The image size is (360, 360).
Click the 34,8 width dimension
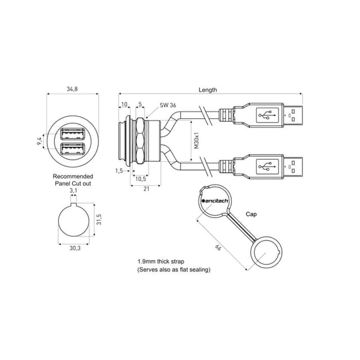coord(72,89)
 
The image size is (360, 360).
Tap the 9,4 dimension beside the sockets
coord(39,141)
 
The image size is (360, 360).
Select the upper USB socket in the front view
coord(72,134)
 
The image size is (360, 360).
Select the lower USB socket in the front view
coord(72,148)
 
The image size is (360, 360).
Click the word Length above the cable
coord(208,90)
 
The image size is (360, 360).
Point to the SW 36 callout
coord(168,105)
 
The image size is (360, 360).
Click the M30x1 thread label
coord(196,140)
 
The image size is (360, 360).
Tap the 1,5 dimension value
coord(119,171)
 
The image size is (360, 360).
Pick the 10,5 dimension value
coord(141,179)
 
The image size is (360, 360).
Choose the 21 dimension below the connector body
coord(146,189)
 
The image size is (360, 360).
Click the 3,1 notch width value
coord(74,190)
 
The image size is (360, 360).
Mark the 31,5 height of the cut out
coord(99,219)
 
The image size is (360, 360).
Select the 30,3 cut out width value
coord(75,248)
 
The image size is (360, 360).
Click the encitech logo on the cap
coord(215,201)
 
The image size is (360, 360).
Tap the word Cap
coord(251,214)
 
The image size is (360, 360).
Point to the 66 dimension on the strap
coord(218,247)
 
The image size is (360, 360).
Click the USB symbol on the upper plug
coord(267,115)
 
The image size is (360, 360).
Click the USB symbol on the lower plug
coord(267,166)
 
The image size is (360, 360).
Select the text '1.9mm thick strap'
coord(161,262)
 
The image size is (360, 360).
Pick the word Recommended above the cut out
coord(73,176)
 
